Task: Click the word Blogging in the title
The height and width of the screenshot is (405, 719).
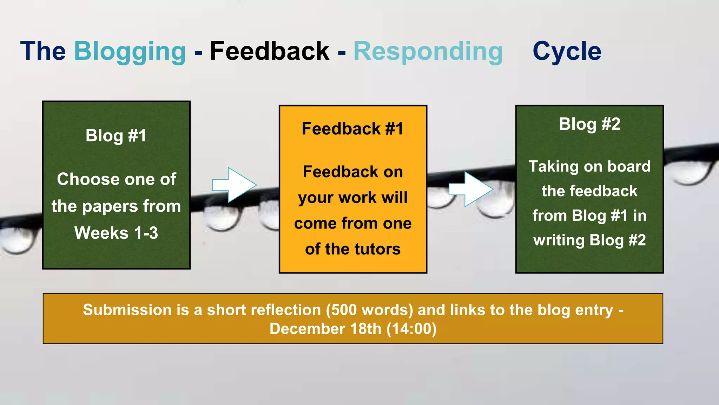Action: (x=130, y=52)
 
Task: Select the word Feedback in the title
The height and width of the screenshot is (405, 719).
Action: (x=269, y=51)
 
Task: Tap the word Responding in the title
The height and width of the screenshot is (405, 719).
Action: (x=428, y=51)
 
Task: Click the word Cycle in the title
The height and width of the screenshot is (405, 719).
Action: (x=567, y=51)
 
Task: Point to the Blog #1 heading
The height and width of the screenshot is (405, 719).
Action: (x=116, y=136)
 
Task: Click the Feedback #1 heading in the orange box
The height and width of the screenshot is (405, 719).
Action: (x=352, y=129)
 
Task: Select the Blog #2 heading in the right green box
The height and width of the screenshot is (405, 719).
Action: (x=589, y=124)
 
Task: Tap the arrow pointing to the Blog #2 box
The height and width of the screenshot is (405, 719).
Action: (x=470, y=189)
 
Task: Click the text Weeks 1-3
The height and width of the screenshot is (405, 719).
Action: (x=116, y=233)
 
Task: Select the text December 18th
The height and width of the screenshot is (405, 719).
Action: (x=325, y=329)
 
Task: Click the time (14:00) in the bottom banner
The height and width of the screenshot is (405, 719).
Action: (x=411, y=329)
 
